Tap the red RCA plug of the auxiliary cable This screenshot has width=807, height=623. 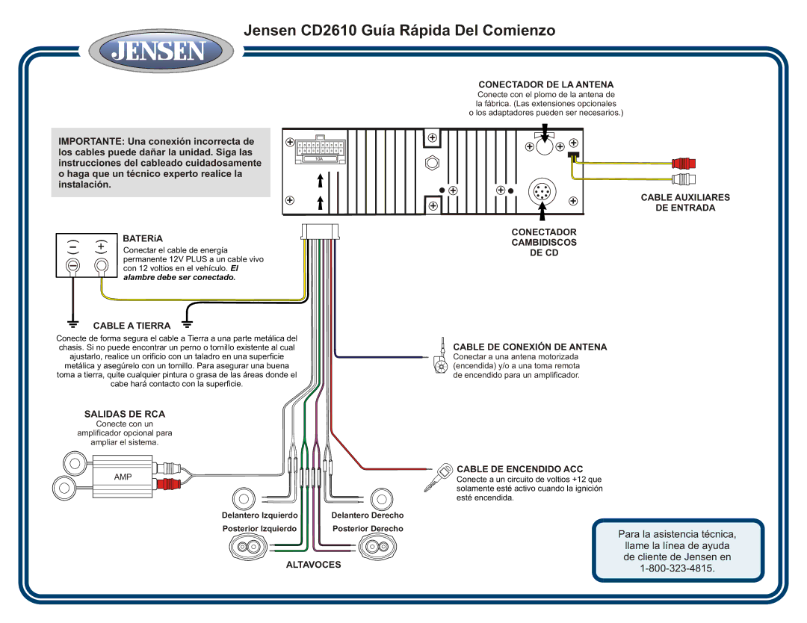(x=683, y=163)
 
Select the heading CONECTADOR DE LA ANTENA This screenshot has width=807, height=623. (x=545, y=85)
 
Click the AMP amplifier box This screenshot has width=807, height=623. (x=123, y=477)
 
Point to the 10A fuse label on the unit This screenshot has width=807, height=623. (x=319, y=159)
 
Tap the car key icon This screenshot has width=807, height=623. (x=437, y=477)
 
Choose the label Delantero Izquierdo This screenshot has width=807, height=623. (x=260, y=515)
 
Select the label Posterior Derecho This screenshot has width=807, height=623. (x=368, y=529)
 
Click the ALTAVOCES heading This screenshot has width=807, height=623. (x=313, y=565)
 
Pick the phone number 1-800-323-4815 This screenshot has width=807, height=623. (x=678, y=569)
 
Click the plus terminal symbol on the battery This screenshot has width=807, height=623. (x=100, y=245)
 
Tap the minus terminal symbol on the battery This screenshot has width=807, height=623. (x=73, y=245)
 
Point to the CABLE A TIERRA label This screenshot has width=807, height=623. (x=132, y=326)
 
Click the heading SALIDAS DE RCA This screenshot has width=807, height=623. (x=125, y=414)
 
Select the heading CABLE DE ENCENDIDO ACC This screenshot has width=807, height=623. (x=519, y=468)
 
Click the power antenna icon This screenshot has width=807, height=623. (x=439, y=360)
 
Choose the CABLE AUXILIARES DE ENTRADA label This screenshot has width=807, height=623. (x=685, y=202)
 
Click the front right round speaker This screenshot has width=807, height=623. (x=381, y=498)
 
